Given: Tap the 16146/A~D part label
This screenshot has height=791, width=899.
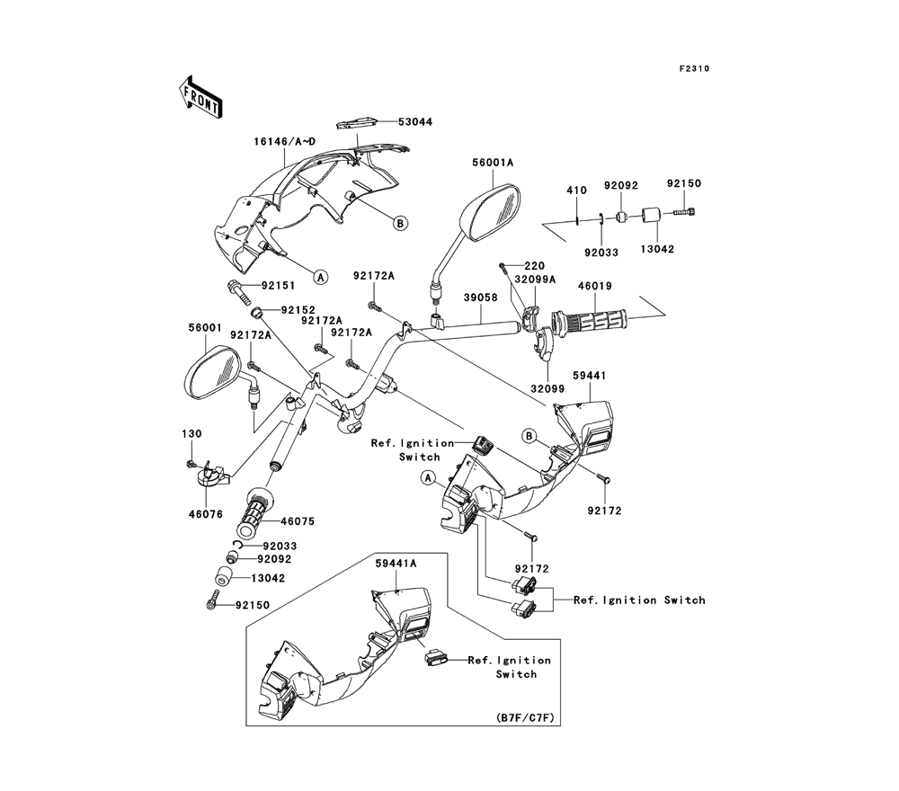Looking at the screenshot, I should point(286,142).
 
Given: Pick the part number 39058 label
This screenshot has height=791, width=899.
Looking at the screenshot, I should point(481,296).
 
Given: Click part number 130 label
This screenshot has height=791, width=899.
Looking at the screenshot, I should point(191,434).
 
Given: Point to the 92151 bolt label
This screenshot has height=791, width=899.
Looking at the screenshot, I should point(279,286).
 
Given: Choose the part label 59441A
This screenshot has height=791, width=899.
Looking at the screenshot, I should point(396,563).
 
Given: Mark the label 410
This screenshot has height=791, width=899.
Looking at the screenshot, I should point(575,191).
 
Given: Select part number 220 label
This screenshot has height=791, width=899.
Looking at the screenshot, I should point(534,266).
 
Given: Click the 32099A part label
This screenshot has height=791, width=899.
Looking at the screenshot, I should point(536,280).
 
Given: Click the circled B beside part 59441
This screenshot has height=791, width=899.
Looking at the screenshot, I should point(531,436).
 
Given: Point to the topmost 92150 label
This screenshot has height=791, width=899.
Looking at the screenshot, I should point(683,183).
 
